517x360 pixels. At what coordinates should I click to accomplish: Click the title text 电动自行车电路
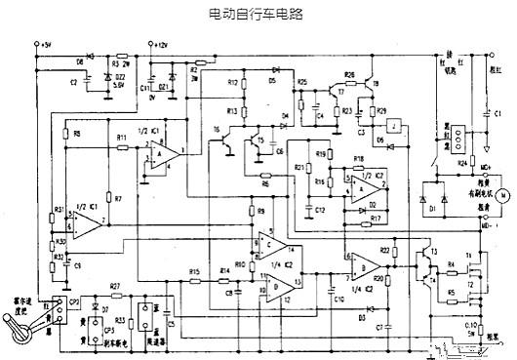(x=258, y=16)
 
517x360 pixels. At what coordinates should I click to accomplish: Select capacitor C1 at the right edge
(x=487, y=114)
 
